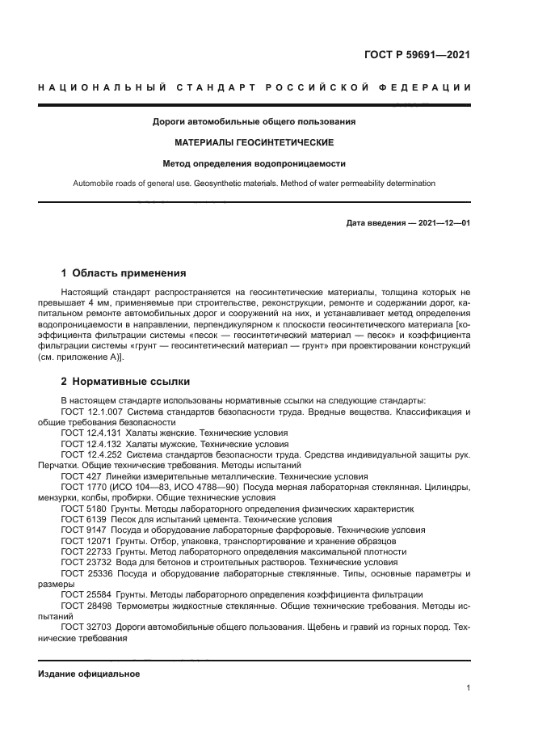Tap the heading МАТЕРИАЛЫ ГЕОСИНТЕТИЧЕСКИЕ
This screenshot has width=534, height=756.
pos(254,142)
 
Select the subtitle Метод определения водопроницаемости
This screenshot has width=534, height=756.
pos(254,163)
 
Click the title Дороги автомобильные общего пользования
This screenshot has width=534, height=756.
pos(254,122)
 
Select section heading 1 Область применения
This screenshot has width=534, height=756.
pos(124,272)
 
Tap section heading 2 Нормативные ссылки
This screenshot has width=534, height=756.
pos(126,380)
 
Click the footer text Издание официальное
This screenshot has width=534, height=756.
pos(89,674)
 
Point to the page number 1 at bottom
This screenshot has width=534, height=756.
pos(468,688)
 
